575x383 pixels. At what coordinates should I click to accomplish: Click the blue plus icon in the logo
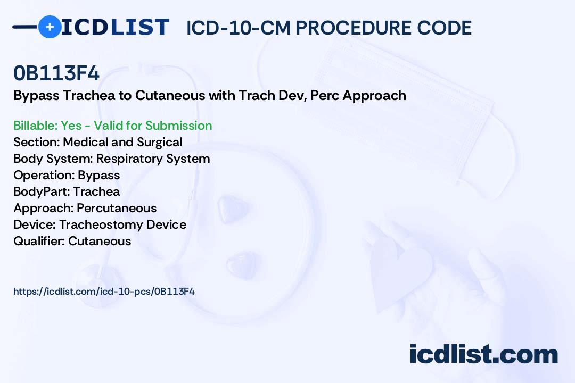(x=50, y=27)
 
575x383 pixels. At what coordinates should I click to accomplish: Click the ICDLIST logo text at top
(x=115, y=27)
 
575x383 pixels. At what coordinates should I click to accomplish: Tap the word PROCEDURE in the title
(x=353, y=28)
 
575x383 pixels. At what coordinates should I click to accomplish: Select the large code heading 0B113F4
(x=56, y=73)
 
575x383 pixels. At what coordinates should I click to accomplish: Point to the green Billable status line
(x=112, y=126)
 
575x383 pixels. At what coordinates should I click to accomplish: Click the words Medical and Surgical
(x=122, y=142)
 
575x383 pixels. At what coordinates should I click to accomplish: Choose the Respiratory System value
(x=153, y=159)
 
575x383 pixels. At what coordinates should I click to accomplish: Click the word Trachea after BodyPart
(x=96, y=191)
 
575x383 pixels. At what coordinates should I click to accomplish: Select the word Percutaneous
(x=117, y=208)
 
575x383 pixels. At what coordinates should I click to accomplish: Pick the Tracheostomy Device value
(x=122, y=224)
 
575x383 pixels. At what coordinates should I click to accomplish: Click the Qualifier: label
(x=39, y=241)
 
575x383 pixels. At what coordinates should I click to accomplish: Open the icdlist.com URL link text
(x=104, y=292)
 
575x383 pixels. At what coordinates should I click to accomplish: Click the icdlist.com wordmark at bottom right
(x=483, y=354)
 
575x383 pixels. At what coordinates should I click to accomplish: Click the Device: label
(x=35, y=224)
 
